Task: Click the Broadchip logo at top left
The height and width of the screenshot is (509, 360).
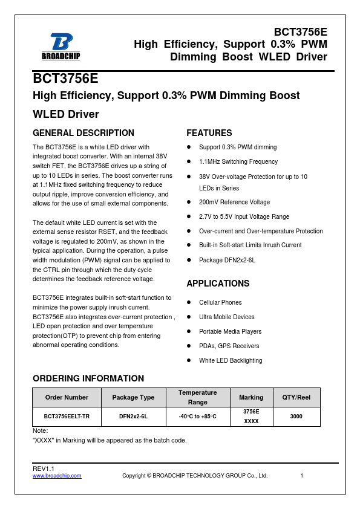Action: pos(61,47)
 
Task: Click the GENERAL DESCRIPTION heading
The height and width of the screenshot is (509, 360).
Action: pos(83,133)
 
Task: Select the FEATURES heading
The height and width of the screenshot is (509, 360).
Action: pos(209,133)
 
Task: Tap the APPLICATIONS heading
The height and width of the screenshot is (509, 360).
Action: pos(218,284)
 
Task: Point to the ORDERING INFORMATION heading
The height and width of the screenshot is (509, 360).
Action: pos(88,378)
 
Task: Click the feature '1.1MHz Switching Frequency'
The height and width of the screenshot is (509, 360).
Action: pos(238,162)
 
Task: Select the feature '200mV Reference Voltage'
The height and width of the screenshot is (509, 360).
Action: pos(234,203)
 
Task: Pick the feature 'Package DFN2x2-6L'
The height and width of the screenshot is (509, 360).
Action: pos(227,260)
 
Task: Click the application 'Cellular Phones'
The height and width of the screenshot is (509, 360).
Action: pos(220,303)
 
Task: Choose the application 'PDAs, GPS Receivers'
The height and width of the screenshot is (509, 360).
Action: pos(229,346)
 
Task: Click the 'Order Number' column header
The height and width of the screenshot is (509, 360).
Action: pos(67,397)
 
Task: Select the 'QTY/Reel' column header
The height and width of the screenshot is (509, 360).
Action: pos(296,397)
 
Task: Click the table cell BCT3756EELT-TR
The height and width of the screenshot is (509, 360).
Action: pos(67,417)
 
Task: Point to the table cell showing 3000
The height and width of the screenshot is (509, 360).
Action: pos(296,417)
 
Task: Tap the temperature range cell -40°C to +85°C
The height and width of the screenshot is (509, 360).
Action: pos(198,417)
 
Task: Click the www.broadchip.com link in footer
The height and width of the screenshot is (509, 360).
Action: pos(57,476)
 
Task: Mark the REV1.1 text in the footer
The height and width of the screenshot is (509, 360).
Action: pos(44,468)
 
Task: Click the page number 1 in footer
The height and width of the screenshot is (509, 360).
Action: pos(301,476)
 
